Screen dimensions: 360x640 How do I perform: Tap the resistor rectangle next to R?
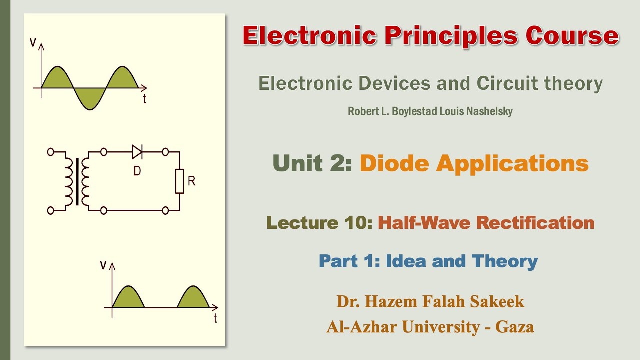[179, 181]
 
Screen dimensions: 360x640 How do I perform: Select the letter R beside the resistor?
[191, 181]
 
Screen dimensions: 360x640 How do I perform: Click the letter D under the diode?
[137, 171]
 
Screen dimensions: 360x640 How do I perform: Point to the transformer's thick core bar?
[77, 181]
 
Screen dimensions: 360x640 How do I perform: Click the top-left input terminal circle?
[50, 151]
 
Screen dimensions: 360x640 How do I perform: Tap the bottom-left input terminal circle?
[50, 211]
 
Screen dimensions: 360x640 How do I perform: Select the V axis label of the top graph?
[33, 42]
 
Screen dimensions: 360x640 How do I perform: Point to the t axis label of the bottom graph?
[215, 318]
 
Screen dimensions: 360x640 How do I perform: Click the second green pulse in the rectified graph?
[193, 297]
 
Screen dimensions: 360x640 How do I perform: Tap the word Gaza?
[514, 327]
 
